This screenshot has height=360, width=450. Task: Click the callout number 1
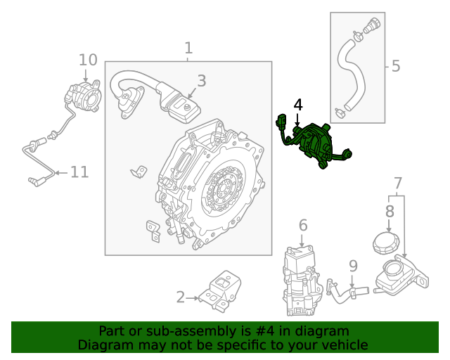[x=188, y=48]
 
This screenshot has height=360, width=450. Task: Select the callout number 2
[x=180, y=297]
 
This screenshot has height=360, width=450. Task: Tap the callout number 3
[x=201, y=81]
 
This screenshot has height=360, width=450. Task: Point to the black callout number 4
[x=298, y=105]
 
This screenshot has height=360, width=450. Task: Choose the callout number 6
[x=303, y=225]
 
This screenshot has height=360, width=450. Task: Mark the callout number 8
[x=390, y=210]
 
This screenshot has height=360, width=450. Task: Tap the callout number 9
[x=353, y=266]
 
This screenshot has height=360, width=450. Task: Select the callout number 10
[x=87, y=59]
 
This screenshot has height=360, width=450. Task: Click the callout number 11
[x=79, y=171]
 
